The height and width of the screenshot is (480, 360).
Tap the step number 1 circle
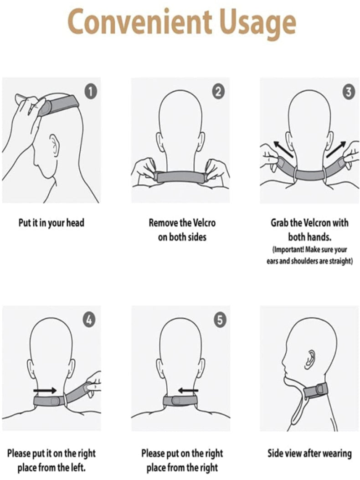point(91,92)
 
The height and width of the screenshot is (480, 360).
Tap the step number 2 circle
point(218,92)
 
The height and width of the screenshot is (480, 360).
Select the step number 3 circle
point(348,93)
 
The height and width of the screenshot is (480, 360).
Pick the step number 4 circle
point(89,320)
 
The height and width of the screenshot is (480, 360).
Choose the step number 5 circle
point(220,320)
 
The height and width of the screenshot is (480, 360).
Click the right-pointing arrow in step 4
point(45,390)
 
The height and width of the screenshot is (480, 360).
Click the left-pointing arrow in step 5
point(188,390)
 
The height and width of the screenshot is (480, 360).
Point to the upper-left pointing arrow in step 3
point(283,149)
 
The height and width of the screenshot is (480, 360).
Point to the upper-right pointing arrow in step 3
point(336,149)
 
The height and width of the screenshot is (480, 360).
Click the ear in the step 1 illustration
point(55,145)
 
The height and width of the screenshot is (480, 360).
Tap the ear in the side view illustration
point(310,358)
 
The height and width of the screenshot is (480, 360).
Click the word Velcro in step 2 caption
point(204,223)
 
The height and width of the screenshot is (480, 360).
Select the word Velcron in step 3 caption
point(317,223)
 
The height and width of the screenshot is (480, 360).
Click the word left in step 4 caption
point(77,467)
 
